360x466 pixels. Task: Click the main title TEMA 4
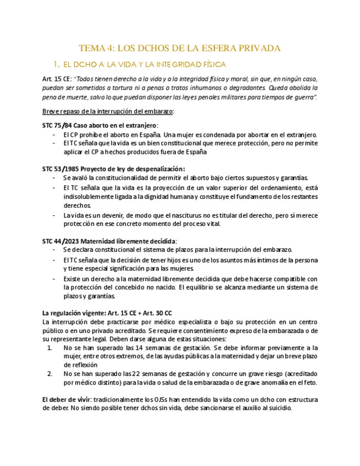180,48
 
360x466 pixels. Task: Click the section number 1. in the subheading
56,64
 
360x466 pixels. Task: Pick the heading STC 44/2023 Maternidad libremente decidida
109,241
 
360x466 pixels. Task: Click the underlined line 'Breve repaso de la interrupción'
108,112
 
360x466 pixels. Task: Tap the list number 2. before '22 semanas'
50,374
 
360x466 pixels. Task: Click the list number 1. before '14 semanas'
50,348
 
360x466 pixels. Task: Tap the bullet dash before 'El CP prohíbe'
53,135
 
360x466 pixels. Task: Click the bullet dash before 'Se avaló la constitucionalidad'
53,177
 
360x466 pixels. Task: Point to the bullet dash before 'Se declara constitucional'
53,250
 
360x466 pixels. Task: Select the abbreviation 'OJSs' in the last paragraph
160,400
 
